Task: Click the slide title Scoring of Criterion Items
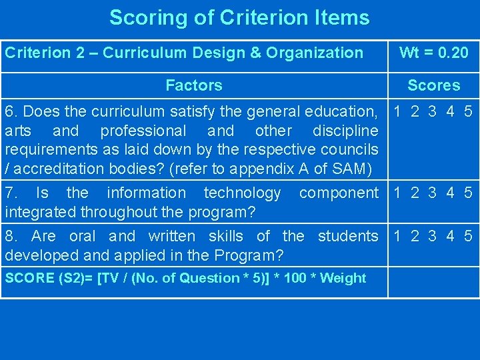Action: coord(239,17)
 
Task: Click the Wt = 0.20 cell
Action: coord(433,53)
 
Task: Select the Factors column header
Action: coord(193,85)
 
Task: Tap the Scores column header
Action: coord(433,85)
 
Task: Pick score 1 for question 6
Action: coord(398,111)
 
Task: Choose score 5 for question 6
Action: coord(468,111)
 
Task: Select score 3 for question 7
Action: coord(433,193)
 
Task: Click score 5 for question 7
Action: coord(468,193)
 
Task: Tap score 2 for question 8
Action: coord(415,236)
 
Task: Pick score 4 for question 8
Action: coord(451,236)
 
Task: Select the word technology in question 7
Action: coord(242,193)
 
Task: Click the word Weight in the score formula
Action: coord(343,278)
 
